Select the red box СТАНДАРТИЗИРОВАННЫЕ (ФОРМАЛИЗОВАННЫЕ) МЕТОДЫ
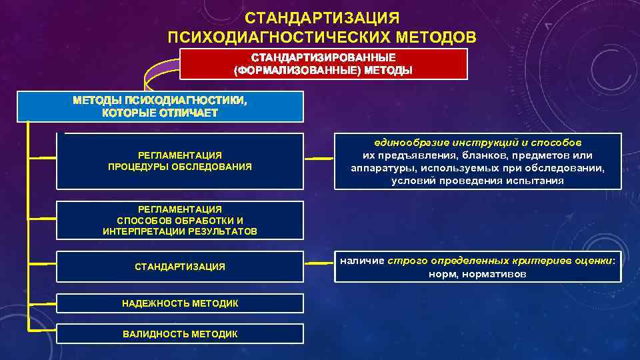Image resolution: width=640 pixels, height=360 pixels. (323, 63)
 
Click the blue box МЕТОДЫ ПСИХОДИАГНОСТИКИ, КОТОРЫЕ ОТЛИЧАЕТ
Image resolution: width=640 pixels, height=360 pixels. (160, 107)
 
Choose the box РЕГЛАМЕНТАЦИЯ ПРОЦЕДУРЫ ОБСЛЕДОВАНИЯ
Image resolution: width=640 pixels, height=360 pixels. (180, 161)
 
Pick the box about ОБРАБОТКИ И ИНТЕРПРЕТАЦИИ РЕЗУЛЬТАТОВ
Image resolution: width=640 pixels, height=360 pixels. (180, 220)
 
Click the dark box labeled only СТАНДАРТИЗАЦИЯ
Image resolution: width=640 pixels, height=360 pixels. (180, 267)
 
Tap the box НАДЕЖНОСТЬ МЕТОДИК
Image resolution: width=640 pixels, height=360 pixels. (180, 303)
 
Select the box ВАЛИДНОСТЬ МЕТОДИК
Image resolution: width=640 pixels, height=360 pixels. (180, 333)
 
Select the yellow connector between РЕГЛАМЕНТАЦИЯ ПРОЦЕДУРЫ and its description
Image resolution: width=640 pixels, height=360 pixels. (319, 159)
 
